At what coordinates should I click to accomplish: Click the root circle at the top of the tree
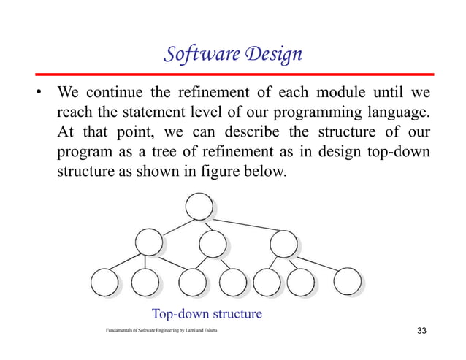199,206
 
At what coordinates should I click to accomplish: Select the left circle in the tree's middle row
148,241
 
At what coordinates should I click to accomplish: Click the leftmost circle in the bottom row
103,282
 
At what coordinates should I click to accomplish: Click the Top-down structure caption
207,315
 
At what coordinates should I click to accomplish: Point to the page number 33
421,333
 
